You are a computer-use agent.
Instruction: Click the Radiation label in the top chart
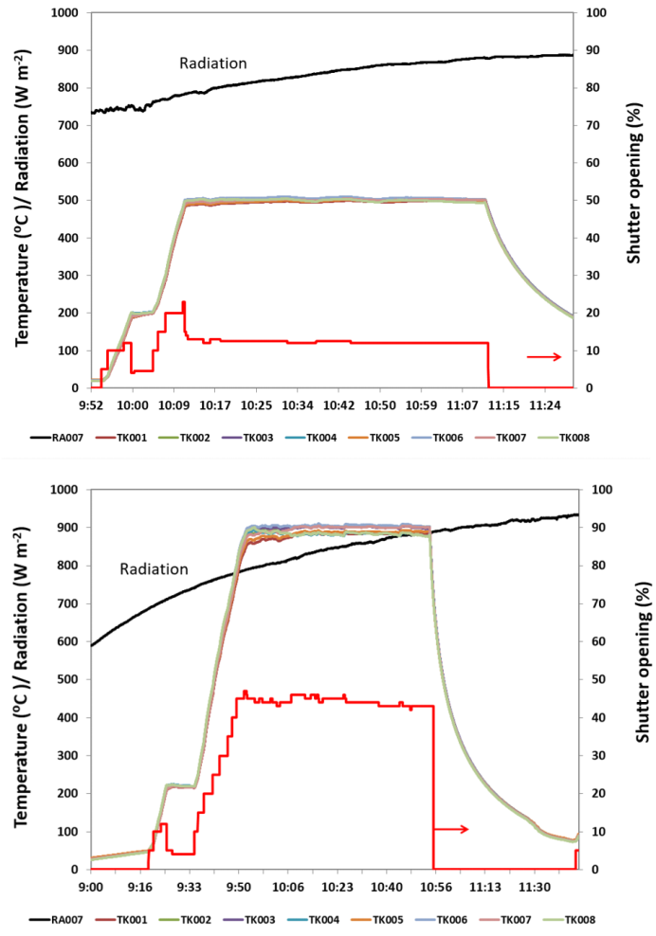pos(213,63)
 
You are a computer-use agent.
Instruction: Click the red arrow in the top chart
pos(544,356)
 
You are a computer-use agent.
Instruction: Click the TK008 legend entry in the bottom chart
pos(579,919)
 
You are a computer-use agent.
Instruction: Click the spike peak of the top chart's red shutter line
pos(183,302)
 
